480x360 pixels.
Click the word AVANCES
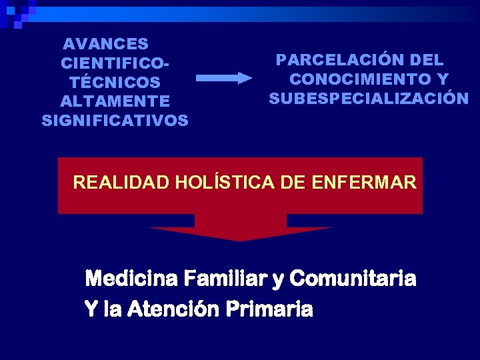pyautogui.click(x=105, y=44)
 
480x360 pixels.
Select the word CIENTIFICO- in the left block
pyautogui.click(x=114, y=64)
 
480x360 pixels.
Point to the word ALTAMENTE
pyautogui.click(x=115, y=102)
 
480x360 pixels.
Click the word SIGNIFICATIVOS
pyautogui.click(x=115, y=121)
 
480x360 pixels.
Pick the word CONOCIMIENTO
pyautogui.click(x=360, y=79)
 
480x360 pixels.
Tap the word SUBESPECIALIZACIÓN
pyautogui.click(x=369, y=99)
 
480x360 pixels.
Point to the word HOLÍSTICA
pyautogui.click(x=224, y=182)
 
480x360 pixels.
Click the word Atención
pyautogui.click(x=171, y=309)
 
